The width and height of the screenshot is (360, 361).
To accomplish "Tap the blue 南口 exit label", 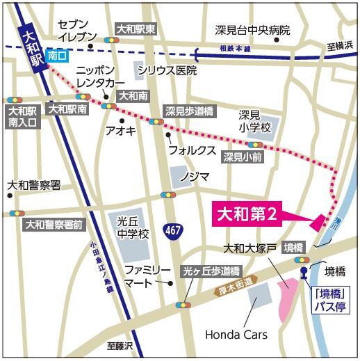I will (x=58, y=54).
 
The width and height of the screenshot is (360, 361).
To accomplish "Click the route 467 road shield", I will (x=173, y=230).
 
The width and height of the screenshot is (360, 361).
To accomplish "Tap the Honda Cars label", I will (x=236, y=335).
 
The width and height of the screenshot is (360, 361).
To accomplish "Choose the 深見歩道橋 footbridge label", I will (x=189, y=111).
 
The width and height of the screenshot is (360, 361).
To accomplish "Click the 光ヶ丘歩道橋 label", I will (x=211, y=271).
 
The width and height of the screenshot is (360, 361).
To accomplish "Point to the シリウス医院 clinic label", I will (x=167, y=71).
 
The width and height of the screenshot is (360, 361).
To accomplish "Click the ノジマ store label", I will (x=194, y=177).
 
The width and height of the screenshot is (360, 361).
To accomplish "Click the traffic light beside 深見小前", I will (x=255, y=145).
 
